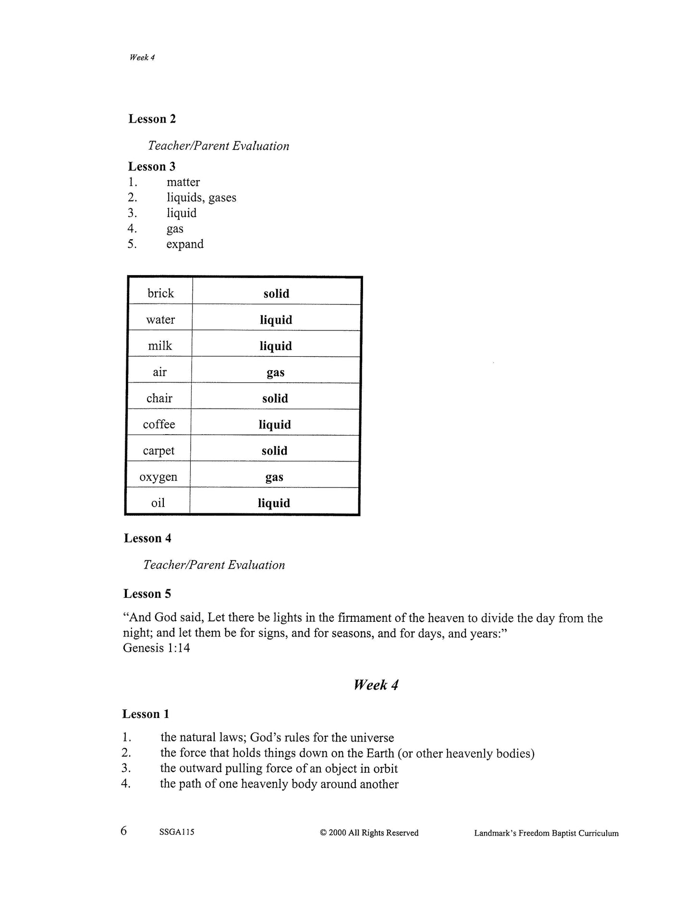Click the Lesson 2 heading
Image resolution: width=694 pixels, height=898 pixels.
click(152, 119)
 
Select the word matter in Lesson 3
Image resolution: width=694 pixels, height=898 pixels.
click(183, 182)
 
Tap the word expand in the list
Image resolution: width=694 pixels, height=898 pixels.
click(185, 244)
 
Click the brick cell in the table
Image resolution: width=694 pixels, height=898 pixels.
click(160, 293)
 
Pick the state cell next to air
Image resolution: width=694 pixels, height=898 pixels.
click(276, 372)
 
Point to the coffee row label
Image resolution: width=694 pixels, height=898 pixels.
click(159, 425)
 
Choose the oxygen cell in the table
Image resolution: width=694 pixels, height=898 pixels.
click(158, 477)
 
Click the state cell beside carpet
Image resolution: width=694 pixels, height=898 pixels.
click(275, 451)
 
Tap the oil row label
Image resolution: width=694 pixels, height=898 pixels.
click(158, 503)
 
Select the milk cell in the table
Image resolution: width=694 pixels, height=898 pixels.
click(160, 346)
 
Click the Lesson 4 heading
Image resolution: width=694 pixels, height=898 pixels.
click(147, 538)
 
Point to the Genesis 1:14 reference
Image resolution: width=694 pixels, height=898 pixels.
click(157, 648)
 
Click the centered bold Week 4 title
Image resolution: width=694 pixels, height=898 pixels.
click(376, 685)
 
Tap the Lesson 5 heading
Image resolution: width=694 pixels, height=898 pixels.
click(147, 594)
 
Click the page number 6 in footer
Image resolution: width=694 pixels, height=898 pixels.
click(124, 831)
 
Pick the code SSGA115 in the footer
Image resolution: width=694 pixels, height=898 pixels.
click(177, 833)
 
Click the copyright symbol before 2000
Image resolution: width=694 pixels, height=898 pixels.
click(323, 833)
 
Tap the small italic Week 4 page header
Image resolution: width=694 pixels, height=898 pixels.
click(142, 58)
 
